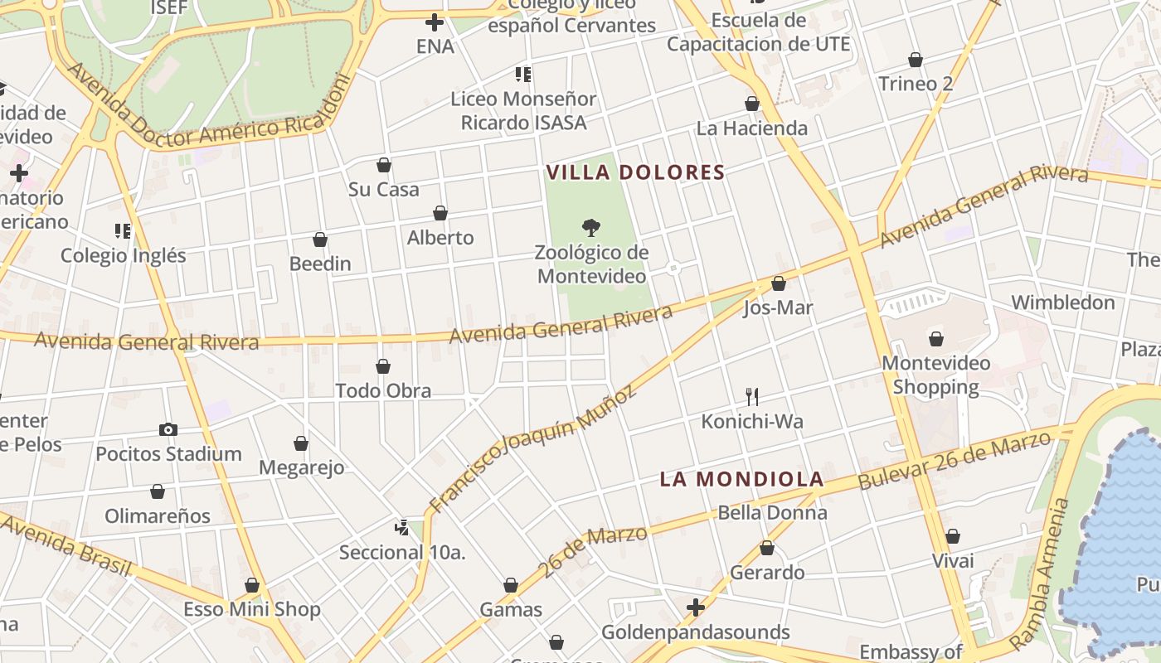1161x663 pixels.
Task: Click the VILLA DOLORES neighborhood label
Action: (635, 172)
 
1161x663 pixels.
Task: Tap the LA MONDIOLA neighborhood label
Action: (741, 479)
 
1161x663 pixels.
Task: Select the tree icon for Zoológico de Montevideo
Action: (590, 227)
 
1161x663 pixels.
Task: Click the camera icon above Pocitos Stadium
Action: (168, 429)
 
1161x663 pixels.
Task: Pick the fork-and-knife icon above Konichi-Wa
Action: (752, 396)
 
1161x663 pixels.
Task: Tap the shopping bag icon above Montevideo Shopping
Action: (936, 339)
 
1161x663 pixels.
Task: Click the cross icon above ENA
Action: (434, 22)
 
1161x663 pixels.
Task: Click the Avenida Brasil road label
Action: (66, 544)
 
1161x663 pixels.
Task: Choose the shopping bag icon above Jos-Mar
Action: (778, 283)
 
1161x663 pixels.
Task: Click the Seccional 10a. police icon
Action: (402, 527)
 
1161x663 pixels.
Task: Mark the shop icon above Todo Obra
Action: (383, 366)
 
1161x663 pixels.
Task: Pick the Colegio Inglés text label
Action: (124, 255)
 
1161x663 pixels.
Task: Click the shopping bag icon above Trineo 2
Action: (916, 60)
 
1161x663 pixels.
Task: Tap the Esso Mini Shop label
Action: (252, 610)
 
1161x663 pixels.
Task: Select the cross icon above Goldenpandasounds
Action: (696, 608)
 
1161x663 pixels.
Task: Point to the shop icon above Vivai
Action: (953, 536)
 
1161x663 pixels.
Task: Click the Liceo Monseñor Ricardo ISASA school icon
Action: (523, 75)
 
